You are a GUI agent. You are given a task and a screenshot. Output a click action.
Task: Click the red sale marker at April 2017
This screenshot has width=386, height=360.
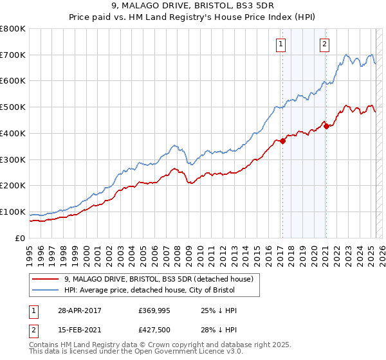(282, 141)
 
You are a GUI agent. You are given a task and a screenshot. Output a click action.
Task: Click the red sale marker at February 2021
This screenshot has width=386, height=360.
(326, 126)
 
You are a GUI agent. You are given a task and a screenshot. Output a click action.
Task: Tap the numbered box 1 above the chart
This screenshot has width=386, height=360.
(282, 44)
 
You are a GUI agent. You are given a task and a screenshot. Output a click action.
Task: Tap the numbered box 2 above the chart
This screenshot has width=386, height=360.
(324, 44)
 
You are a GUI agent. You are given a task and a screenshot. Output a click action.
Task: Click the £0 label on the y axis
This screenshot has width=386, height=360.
(21, 239)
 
